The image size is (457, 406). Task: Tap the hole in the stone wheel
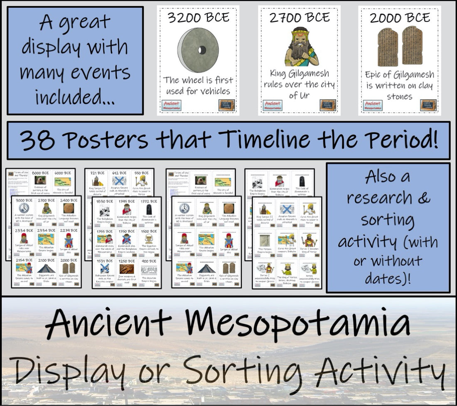(x=202, y=50)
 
